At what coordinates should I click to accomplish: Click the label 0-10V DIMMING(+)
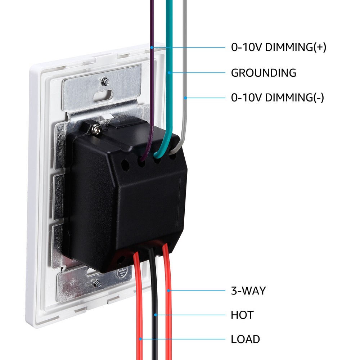[278, 48]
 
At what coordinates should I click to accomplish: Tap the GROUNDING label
[263, 73]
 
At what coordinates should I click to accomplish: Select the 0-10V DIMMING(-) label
[277, 97]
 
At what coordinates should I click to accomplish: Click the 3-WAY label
[248, 291]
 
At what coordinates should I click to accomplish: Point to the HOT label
[242, 315]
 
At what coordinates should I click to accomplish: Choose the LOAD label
[245, 339]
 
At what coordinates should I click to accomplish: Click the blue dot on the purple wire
[152, 48]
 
